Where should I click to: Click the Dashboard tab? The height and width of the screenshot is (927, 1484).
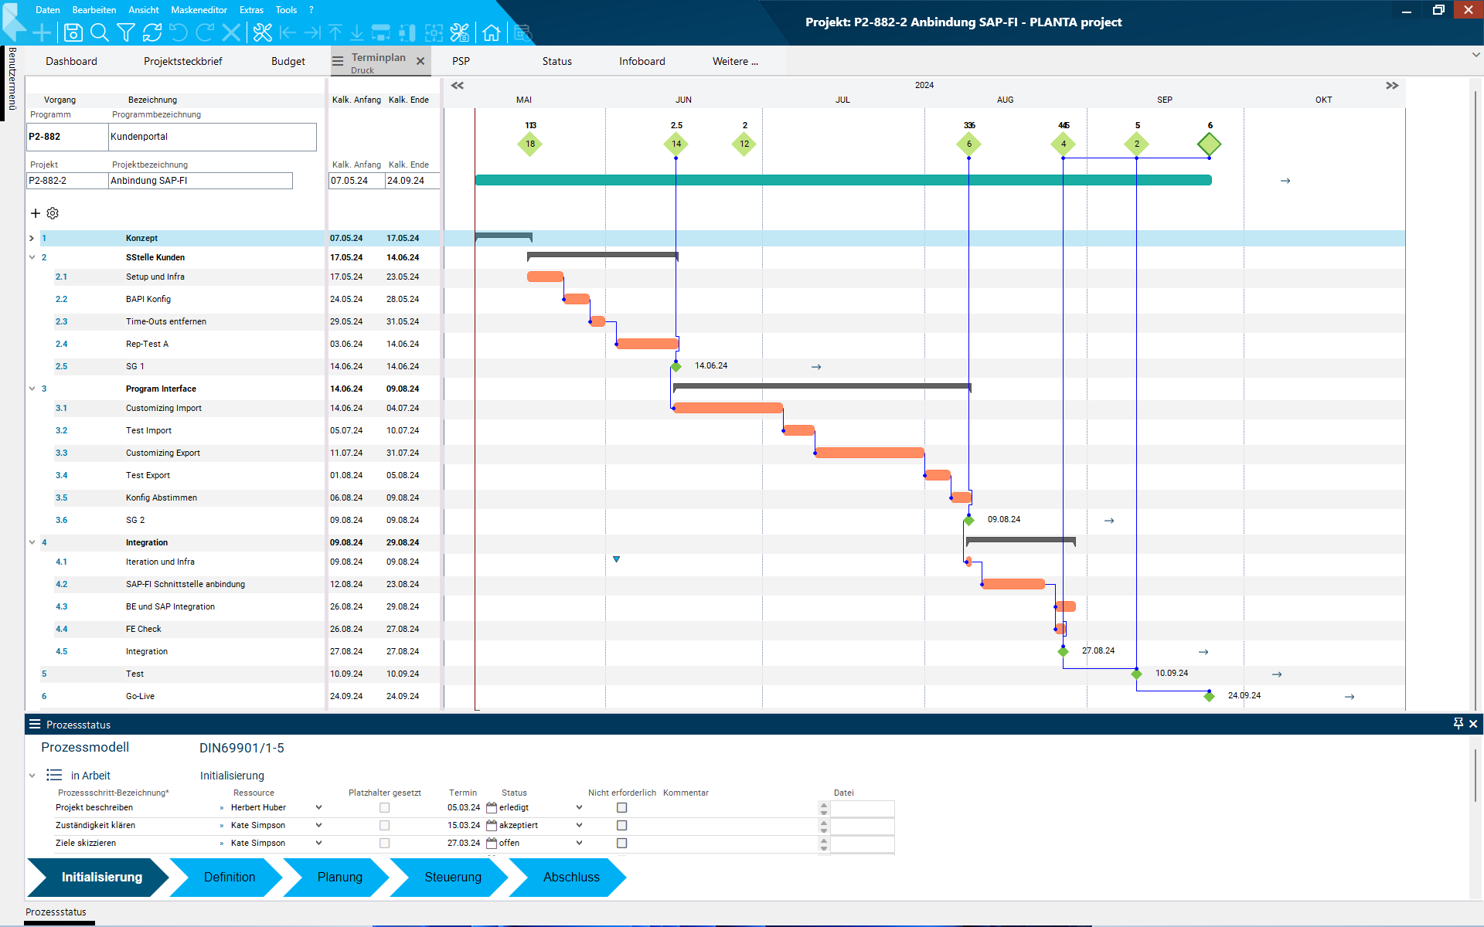pyautogui.click(x=71, y=61)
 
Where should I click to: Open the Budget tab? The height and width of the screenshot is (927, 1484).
pyautogui.click(x=288, y=61)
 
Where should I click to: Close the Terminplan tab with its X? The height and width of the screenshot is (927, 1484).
pyautogui.click(x=420, y=61)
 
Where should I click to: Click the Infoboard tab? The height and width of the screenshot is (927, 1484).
pyautogui.click(x=642, y=61)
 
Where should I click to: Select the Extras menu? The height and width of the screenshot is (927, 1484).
pyautogui.click(x=251, y=10)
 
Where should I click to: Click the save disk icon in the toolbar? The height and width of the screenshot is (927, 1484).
pyautogui.click(x=73, y=32)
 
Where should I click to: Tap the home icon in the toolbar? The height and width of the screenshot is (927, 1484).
pyautogui.click(x=491, y=32)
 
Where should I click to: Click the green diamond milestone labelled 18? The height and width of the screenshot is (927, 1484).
pyautogui.click(x=530, y=144)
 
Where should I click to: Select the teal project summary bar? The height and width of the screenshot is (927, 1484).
pyautogui.click(x=842, y=180)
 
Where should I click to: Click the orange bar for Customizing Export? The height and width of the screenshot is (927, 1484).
pyautogui.click(x=870, y=453)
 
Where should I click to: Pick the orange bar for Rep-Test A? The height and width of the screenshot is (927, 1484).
pyautogui.click(x=647, y=344)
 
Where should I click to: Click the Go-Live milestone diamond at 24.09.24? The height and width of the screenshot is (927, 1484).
pyautogui.click(x=1209, y=696)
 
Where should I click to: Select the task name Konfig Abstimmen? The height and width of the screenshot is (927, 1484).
pyautogui.click(x=162, y=497)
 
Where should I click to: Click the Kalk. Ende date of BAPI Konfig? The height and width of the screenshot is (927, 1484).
pyautogui.click(x=403, y=299)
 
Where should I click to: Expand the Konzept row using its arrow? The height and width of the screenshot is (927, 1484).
pyautogui.click(x=32, y=238)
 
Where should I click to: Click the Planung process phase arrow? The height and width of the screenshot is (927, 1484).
pyautogui.click(x=339, y=877)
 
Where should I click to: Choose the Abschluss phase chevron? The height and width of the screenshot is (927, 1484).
pyautogui.click(x=570, y=877)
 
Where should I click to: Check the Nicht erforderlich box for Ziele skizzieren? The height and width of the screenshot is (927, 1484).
pyautogui.click(x=621, y=843)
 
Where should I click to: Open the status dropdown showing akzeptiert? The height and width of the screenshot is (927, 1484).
pyautogui.click(x=579, y=825)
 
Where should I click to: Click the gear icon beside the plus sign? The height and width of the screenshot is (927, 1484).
pyautogui.click(x=53, y=213)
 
